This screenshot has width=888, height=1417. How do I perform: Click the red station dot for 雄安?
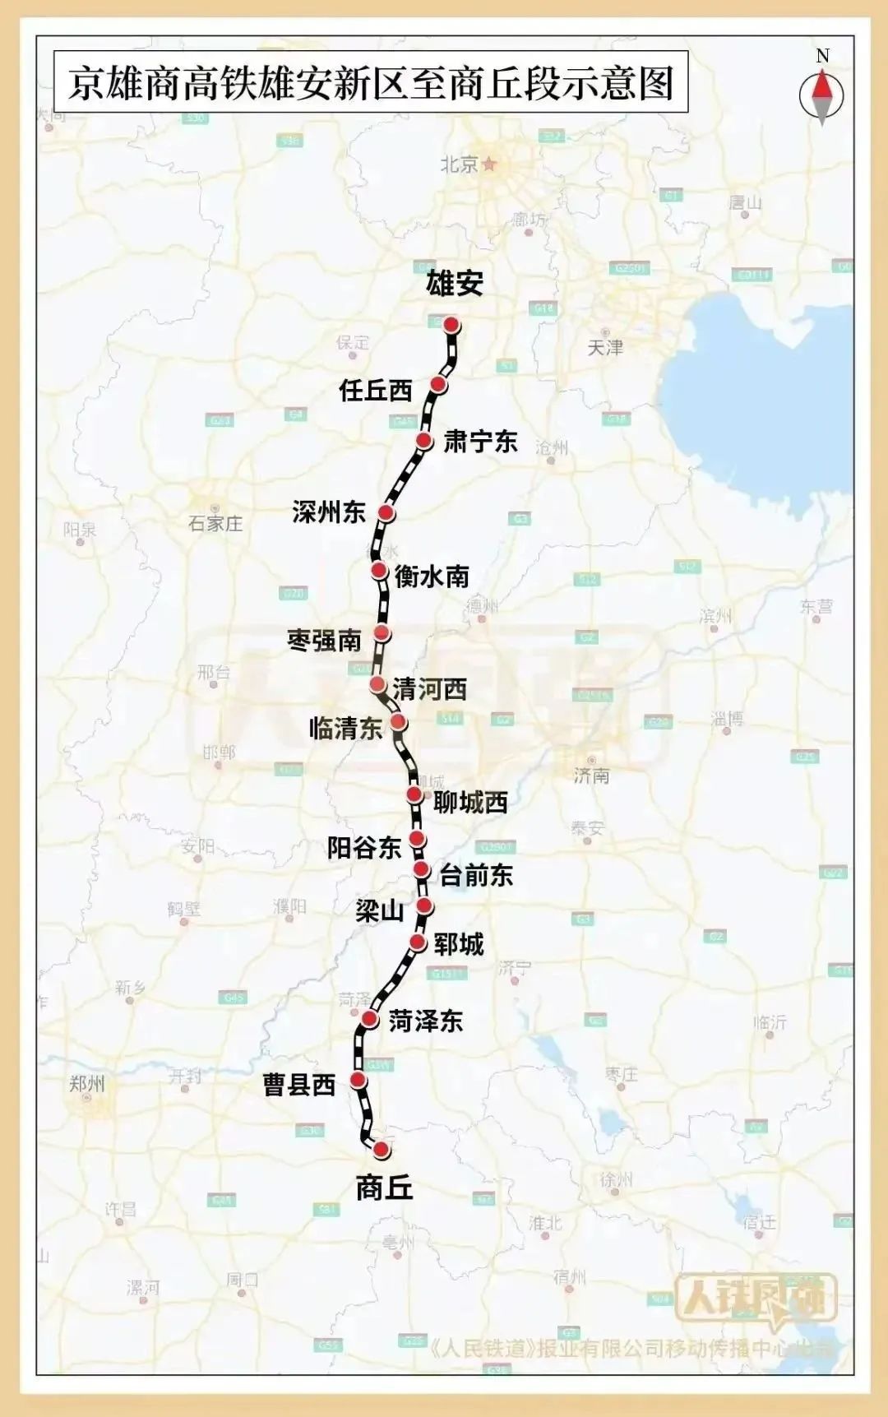[451, 325]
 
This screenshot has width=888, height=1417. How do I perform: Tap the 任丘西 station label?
[375, 390]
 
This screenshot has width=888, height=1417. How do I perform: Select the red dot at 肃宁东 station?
[424, 441]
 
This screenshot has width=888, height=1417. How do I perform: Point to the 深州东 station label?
[328, 512]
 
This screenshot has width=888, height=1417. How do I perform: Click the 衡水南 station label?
[432, 576]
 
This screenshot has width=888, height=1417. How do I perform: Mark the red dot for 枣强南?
[382, 633]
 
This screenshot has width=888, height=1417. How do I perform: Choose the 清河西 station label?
[429, 688]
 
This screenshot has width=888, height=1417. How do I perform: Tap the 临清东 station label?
[345, 728]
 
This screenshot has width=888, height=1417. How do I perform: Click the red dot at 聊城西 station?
[415, 794]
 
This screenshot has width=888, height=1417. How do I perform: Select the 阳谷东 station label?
[363, 847]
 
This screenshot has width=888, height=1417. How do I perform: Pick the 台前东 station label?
[476, 875]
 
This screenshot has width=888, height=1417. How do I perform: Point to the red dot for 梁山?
[424, 906]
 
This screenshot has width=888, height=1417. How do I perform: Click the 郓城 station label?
[459, 944]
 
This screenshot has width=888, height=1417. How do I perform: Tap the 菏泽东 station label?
[425, 1021]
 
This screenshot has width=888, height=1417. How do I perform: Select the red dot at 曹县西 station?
[358, 1080]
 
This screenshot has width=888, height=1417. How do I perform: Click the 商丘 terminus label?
[384, 1188]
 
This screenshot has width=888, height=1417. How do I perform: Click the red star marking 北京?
[490, 164]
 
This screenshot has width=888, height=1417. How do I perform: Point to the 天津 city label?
[605, 348]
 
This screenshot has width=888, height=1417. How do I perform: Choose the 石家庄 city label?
[215, 524]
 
